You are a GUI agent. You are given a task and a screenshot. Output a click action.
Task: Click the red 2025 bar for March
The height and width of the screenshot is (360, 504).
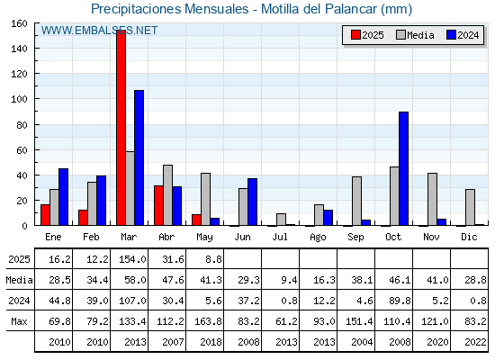121,128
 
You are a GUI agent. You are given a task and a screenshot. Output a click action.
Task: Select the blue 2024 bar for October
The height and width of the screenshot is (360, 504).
404,168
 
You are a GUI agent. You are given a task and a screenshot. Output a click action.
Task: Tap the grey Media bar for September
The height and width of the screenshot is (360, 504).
356,201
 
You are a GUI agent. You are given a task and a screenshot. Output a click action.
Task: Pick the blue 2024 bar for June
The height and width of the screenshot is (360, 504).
253,202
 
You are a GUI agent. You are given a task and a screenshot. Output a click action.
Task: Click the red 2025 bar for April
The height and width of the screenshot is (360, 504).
158,205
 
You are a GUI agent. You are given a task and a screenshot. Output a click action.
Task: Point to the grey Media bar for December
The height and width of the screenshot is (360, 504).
470,207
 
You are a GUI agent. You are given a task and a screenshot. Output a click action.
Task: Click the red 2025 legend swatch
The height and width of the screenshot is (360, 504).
355,35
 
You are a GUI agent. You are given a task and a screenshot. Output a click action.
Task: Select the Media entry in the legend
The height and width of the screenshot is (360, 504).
415,35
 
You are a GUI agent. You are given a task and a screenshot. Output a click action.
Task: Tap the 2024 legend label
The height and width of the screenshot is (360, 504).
468,35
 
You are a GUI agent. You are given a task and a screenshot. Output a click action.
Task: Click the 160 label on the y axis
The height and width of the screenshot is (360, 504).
19,23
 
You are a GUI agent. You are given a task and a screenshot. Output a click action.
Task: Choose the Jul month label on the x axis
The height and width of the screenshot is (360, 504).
280,237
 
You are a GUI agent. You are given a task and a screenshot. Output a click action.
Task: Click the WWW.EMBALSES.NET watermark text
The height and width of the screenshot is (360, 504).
99,31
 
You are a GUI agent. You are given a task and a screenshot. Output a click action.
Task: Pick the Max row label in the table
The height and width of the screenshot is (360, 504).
19,321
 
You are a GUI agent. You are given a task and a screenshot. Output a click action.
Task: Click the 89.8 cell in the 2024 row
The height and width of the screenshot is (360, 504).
400,301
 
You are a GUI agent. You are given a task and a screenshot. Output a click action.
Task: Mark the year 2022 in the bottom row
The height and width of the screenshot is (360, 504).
475,342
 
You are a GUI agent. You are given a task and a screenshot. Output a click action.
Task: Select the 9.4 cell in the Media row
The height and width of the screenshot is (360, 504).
289,280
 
